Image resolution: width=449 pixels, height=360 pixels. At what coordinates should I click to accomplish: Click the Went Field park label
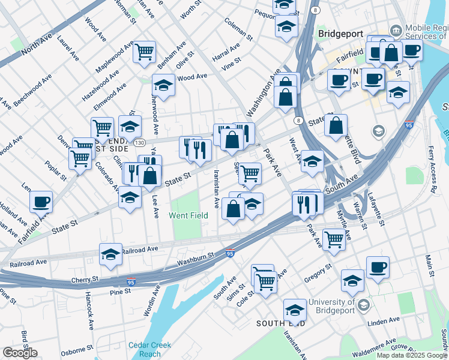(188, 215)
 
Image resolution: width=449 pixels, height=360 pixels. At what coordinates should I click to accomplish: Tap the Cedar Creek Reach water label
(149, 349)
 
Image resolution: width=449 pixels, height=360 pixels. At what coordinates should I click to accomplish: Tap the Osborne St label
(76, 347)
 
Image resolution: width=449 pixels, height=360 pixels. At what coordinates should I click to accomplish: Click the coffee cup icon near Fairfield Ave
(41, 202)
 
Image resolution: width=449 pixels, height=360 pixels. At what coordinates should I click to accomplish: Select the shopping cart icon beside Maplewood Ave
(144, 52)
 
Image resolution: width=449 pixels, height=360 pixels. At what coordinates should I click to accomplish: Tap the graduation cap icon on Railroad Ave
(110, 254)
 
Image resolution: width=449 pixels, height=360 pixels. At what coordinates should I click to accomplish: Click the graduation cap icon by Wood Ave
(163, 85)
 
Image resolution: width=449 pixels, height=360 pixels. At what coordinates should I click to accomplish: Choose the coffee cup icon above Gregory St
(377, 268)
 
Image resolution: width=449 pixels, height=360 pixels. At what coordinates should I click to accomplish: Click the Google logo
(20, 353)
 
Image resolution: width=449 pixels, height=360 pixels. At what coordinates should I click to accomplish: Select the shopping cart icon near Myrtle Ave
(334, 239)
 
